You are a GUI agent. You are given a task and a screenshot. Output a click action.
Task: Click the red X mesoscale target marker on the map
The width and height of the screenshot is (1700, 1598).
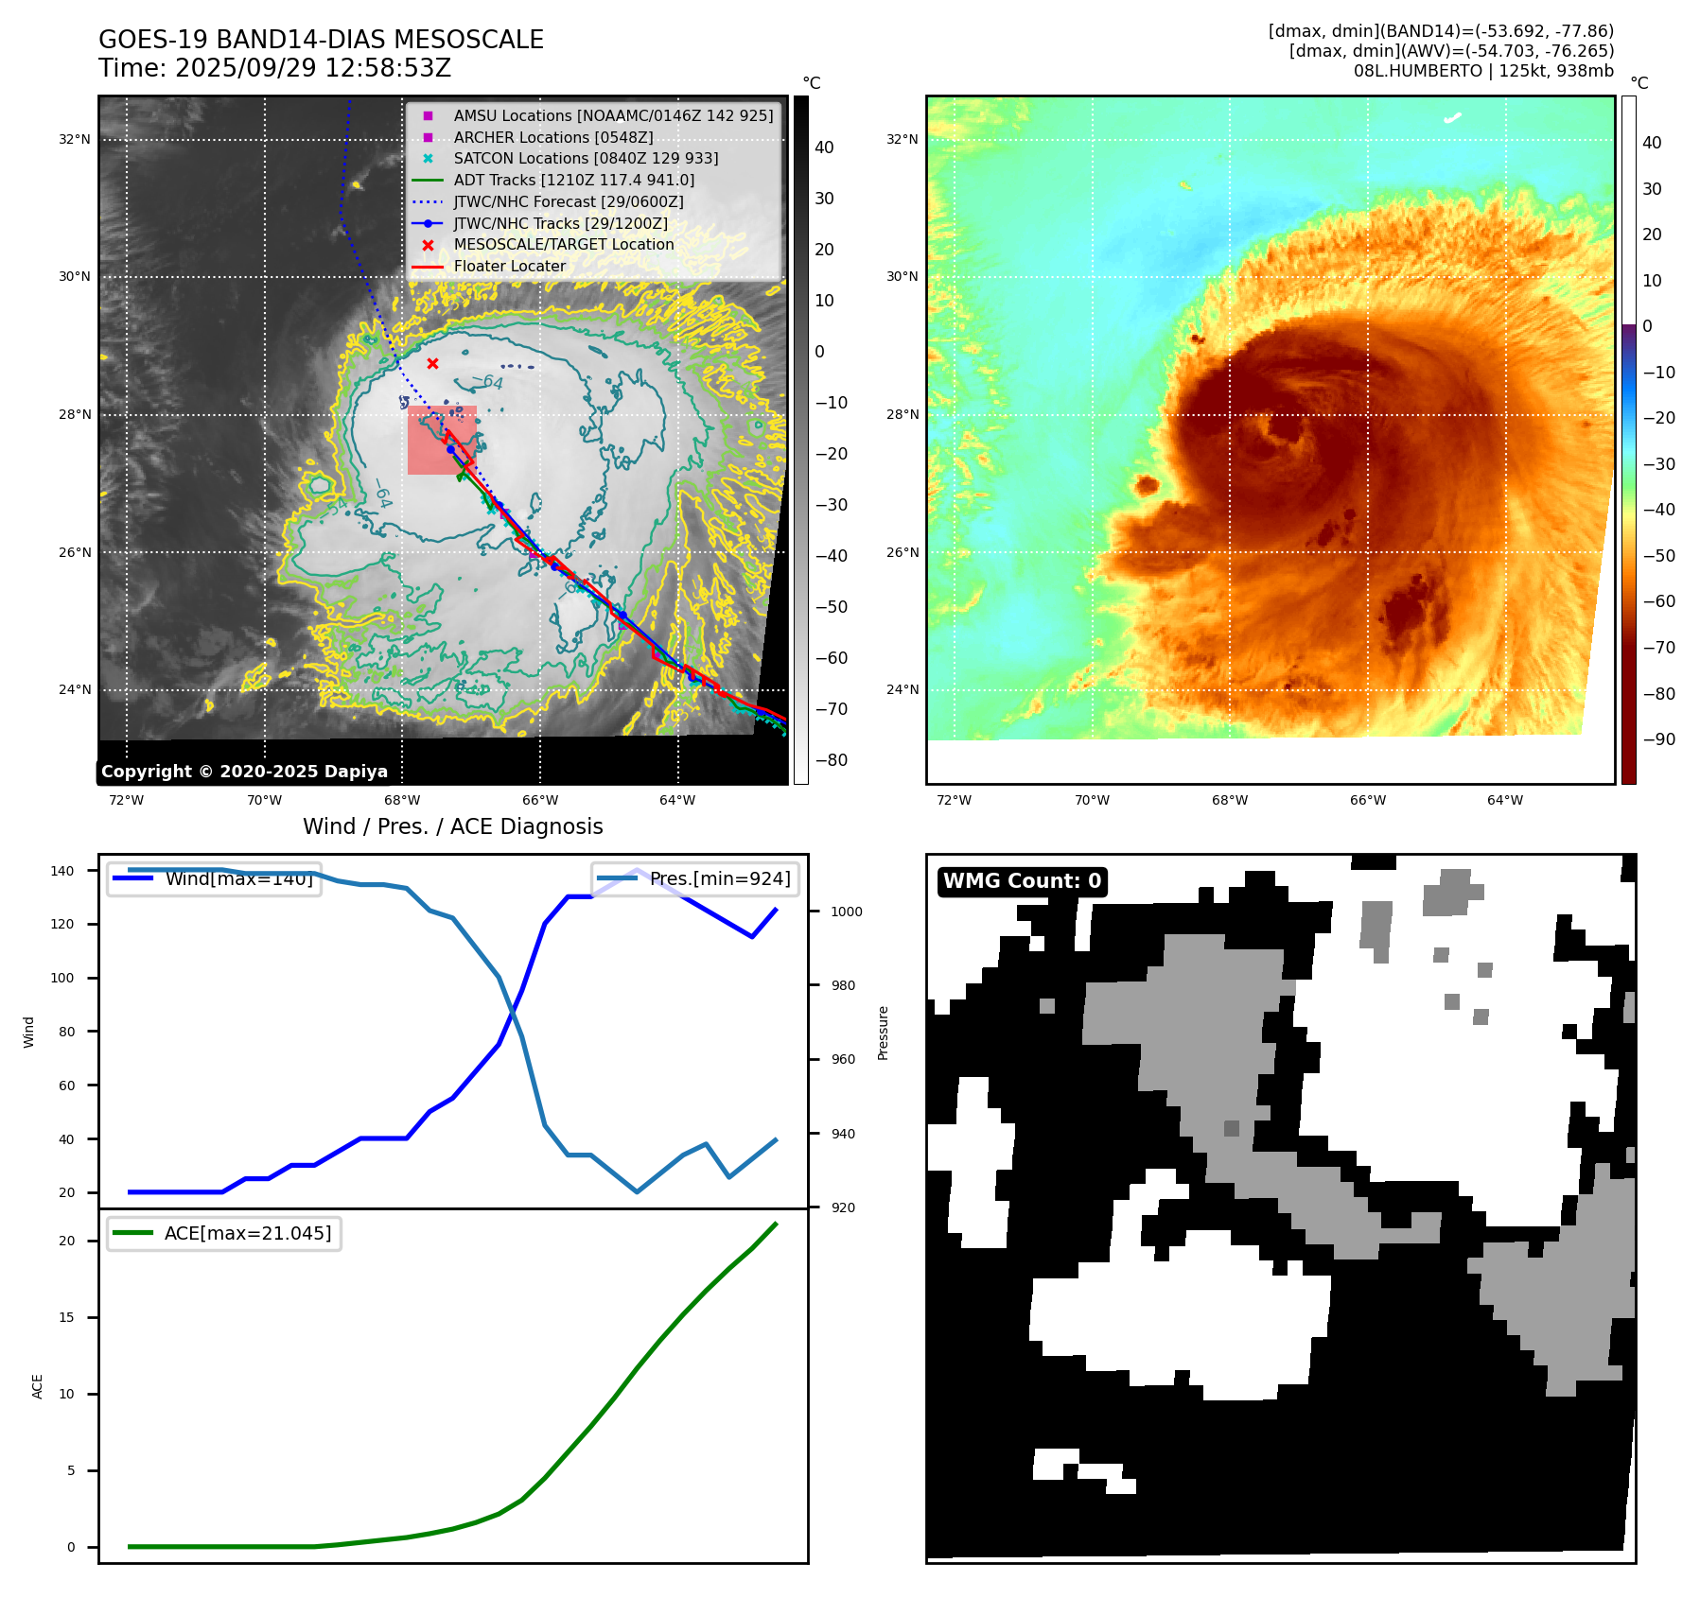coord(432,364)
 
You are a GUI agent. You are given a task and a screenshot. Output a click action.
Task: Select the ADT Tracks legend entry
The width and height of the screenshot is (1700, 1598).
coord(573,180)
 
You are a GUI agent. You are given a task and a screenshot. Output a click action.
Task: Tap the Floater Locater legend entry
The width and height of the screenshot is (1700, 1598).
coord(509,266)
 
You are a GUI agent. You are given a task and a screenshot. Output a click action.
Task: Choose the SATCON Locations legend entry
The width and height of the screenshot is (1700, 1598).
coord(586,158)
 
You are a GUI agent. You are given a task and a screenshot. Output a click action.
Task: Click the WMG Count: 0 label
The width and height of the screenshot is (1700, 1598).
coord(1022,881)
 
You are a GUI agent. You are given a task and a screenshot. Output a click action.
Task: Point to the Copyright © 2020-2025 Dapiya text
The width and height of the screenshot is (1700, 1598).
coord(244,772)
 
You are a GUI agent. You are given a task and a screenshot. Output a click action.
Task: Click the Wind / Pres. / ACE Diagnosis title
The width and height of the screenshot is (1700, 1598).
coord(452,826)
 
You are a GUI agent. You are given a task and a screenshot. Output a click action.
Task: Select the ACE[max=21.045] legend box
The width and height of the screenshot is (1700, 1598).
coord(224,1233)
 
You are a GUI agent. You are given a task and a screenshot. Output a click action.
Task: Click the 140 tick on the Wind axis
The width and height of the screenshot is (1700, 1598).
coord(61,871)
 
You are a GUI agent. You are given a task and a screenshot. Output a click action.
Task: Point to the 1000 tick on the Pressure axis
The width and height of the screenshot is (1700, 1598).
coord(846,912)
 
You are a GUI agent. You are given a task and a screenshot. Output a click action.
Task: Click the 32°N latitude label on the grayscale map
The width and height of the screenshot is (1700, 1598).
coord(75,139)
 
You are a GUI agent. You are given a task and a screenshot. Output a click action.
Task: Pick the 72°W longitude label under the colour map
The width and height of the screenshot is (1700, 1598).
coord(954,800)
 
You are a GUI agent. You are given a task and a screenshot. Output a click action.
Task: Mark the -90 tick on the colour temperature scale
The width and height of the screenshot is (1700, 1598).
coord(1658,739)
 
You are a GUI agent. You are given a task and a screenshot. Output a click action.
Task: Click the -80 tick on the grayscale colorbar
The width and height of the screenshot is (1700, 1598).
coord(831,760)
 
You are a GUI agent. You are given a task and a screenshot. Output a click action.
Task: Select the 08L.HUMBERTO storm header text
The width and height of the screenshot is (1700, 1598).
coord(1483,71)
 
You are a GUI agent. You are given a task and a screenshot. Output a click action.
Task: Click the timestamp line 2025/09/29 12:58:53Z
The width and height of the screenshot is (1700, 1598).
coord(274,68)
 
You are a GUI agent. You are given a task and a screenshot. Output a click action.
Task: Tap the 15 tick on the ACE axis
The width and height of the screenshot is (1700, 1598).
coord(66,1317)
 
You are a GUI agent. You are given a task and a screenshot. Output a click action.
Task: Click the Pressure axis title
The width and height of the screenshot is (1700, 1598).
coord(883,1032)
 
